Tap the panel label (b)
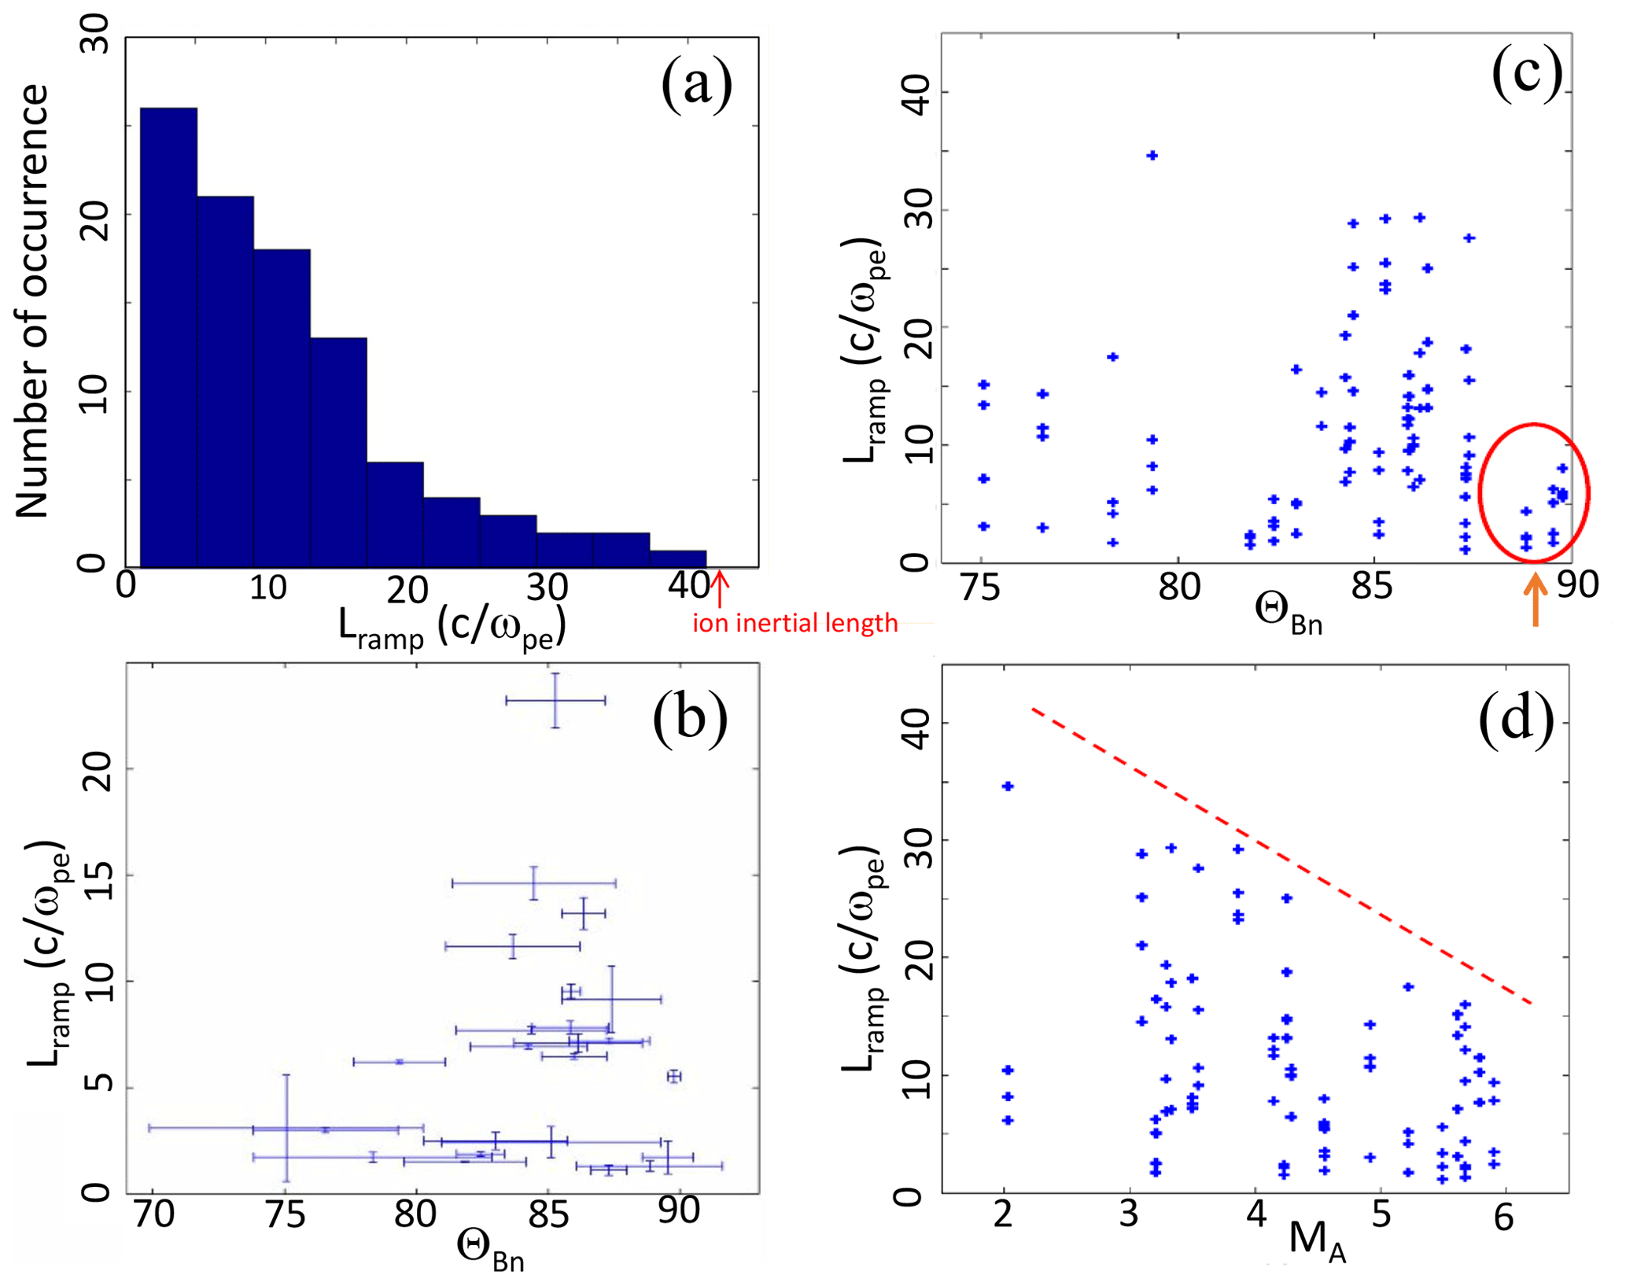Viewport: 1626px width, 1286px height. [x=690, y=717]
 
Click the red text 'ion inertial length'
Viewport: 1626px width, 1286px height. [x=795, y=624]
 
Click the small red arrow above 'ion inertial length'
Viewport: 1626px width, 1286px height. [x=720, y=589]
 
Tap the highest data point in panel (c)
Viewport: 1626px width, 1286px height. [x=1152, y=156]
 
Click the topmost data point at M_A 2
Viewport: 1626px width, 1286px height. [x=1008, y=786]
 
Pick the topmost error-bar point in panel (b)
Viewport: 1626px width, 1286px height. [x=555, y=700]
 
